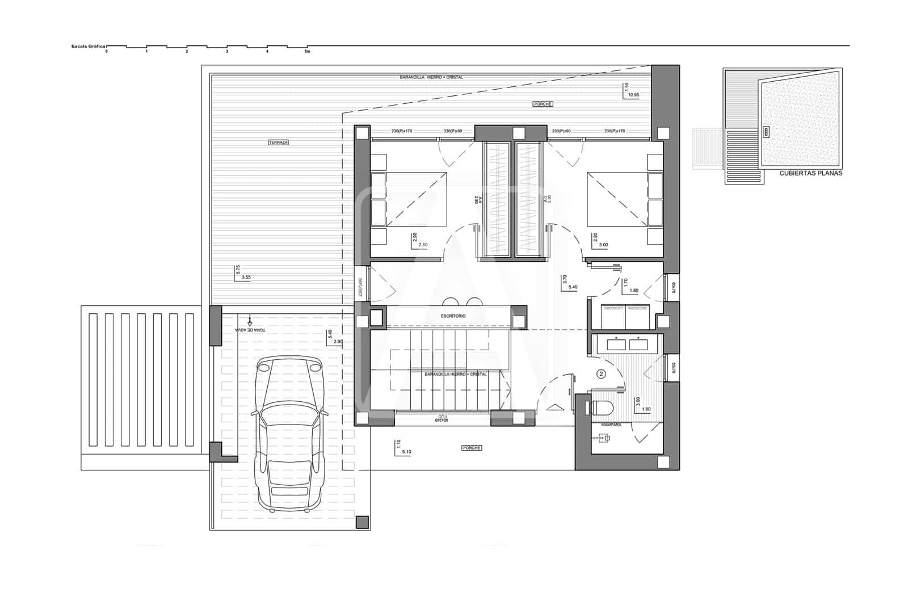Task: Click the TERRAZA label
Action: pyautogui.click(x=278, y=142)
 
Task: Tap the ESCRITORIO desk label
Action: pyautogui.click(x=453, y=316)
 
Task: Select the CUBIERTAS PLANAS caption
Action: pyautogui.click(x=810, y=174)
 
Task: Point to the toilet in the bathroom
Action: pyautogui.click(x=602, y=407)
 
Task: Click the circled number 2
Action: pyautogui.click(x=602, y=374)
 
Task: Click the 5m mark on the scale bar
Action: pyautogui.click(x=308, y=52)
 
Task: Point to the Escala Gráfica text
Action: pyautogui.click(x=87, y=47)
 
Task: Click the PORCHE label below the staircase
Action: pyautogui.click(x=471, y=448)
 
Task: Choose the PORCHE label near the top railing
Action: pyautogui.click(x=543, y=104)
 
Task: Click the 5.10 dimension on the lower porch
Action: pyautogui.click(x=406, y=452)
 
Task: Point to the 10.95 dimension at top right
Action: pyautogui.click(x=633, y=95)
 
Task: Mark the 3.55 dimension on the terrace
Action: pyautogui.click(x=246, y=278)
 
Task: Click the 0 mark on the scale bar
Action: pyautogui.click(x=106, y=52)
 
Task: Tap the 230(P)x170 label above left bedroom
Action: pyautogui.click(x=401, y=132)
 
